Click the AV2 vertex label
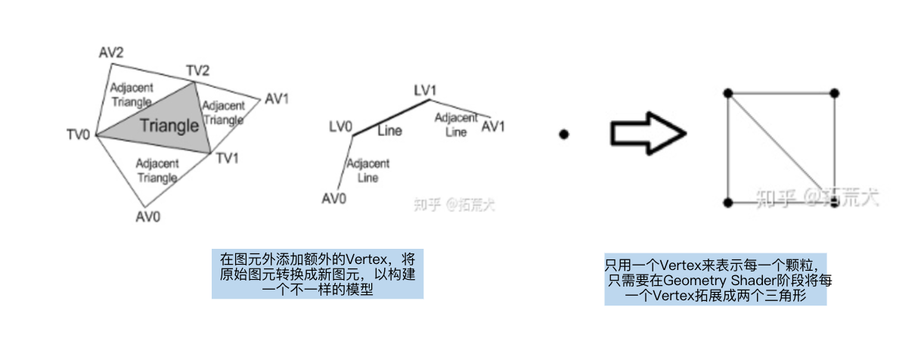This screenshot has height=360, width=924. [112, 52]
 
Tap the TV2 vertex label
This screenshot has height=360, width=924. [198, 71]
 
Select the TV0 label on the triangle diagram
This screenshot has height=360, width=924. [78, 135]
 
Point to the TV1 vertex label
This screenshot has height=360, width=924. [228, 158]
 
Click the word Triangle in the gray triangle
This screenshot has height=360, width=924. [169, 125]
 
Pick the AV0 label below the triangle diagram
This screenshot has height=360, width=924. [148, 216]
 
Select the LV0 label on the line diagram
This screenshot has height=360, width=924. [340, 126]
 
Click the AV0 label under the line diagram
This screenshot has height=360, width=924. [334, 198]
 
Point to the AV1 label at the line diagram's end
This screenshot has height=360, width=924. [493, 126]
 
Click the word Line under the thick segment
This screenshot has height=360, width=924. [390, 131]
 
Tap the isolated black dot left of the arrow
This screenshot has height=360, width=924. [563, 135]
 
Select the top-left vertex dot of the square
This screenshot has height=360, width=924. [727, 93]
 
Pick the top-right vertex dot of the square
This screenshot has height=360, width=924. [835, 93]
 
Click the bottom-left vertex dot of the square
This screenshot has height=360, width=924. [727, 203]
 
